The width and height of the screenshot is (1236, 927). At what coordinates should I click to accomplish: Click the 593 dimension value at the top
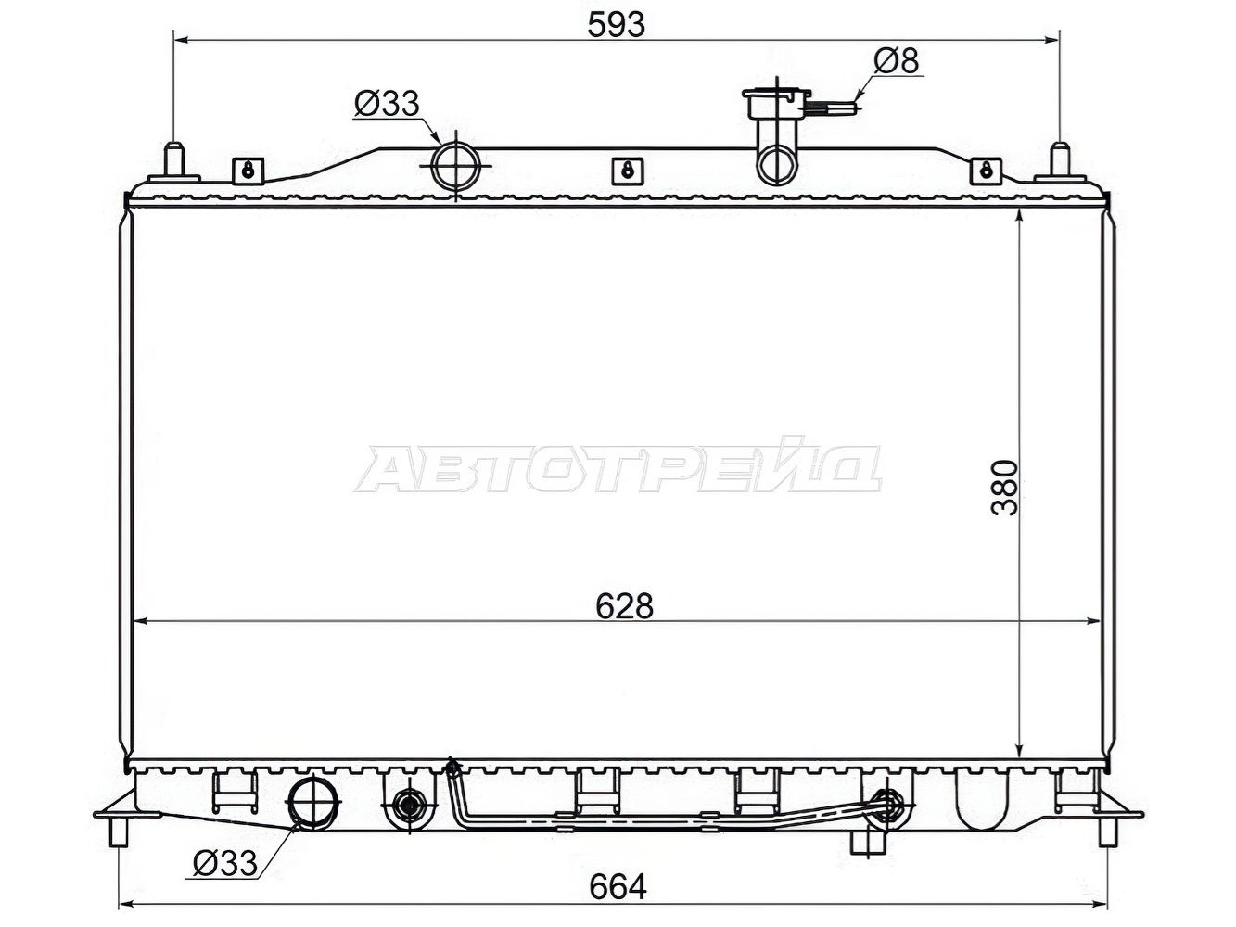(616, 25)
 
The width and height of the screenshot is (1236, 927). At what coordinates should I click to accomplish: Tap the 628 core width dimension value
(624, 605)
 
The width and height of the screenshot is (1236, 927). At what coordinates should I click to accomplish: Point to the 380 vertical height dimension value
(1005, 488)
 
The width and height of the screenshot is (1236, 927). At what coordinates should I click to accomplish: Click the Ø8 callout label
(897, 60)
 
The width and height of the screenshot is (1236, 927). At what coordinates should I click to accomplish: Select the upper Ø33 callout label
(388, 103)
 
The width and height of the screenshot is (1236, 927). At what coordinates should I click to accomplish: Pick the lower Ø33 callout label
(225, 863)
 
